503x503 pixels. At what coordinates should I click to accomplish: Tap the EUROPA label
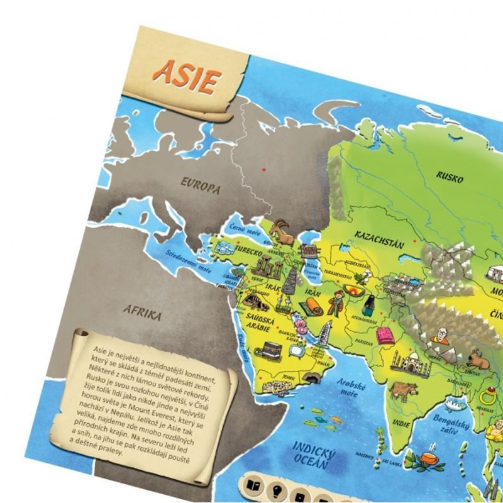[201, 186]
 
